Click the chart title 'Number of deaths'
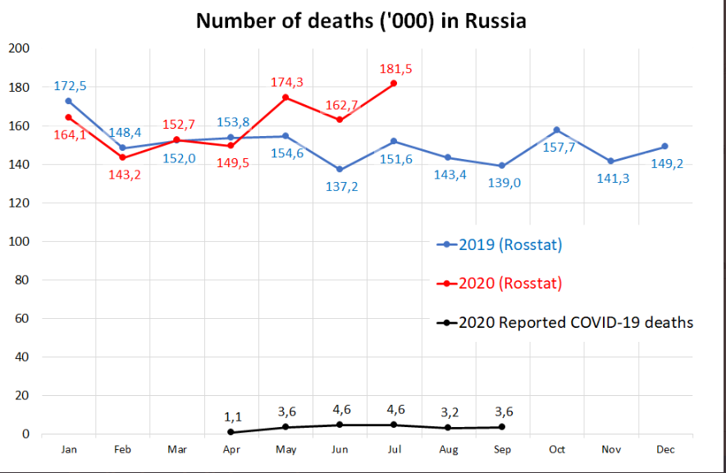361,21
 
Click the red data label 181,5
395,68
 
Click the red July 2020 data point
395,84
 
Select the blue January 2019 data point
69,101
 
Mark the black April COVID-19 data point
231,432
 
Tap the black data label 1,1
232,416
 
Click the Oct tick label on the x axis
556,449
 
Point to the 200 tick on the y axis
19,49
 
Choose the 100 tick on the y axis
19,242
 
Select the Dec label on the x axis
665,449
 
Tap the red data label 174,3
286,82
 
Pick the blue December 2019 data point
664,147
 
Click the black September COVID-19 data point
502,427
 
